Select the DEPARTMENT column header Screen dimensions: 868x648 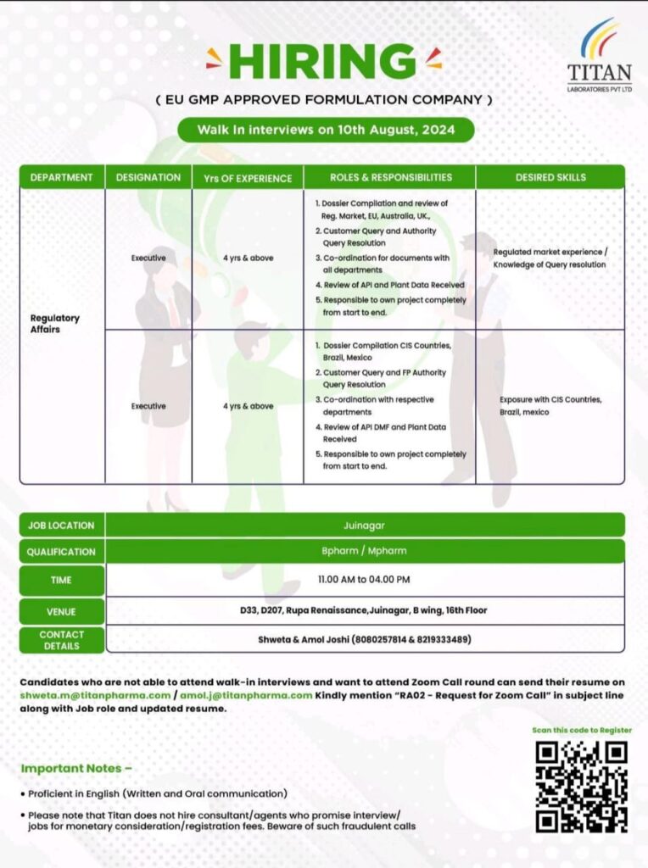61,177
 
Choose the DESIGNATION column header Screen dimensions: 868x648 148,177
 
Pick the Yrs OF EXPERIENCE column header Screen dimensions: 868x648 248,178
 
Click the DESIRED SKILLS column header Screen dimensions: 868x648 550,177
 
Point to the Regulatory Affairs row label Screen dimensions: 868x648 55,324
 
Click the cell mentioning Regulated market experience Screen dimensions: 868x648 550,259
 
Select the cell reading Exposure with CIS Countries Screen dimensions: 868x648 550,405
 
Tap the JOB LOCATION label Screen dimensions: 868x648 61,526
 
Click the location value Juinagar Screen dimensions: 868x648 365,525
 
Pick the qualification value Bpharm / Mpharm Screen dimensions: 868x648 365,551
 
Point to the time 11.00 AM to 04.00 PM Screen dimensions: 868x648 365,580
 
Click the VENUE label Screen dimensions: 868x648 61,611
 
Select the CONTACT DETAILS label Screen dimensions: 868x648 61,640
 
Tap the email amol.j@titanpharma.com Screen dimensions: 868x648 246,695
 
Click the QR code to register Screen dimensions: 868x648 582,787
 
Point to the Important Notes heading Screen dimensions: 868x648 76,768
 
